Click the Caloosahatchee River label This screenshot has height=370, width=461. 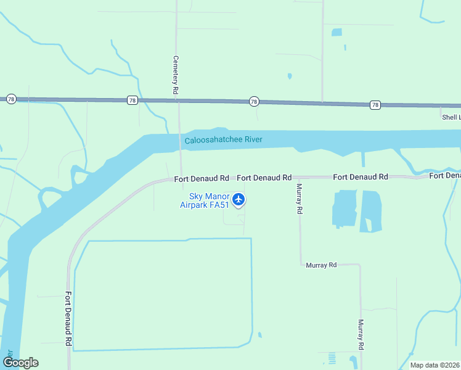223,140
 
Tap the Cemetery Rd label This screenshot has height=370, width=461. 176,75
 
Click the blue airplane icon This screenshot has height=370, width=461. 239,199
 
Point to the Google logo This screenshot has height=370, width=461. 20,362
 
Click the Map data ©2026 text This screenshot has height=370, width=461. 434,365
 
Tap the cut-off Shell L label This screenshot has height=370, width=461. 450,117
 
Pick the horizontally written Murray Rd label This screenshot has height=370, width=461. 321,265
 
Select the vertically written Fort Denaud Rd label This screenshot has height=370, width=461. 68,318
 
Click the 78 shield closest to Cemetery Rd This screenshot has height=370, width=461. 132,100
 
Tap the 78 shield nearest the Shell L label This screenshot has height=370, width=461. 375,105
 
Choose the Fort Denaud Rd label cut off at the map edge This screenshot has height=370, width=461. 444,176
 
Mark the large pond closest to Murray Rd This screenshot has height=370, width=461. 345,208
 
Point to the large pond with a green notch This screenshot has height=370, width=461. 370,212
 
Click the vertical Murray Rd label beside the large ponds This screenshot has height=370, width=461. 300,199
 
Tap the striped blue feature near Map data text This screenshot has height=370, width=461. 332,358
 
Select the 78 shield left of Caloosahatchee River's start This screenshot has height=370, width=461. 11,99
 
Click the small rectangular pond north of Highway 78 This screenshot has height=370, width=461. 337,32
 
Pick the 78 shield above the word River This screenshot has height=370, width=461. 253,102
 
